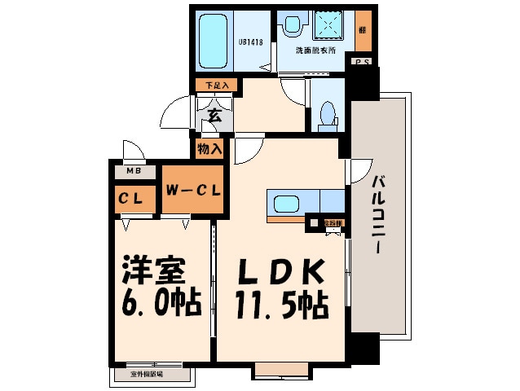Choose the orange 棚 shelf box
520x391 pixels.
tap(361, 30)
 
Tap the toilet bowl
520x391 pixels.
tap(327, 116)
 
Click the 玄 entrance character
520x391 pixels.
tap(214, 115)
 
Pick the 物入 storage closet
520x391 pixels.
tap(209, 148)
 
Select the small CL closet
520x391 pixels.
tap(135, 198)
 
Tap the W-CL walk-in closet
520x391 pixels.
tap(191, 192)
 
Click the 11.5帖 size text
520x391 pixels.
tap(281, 305)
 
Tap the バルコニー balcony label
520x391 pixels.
tap(379, 216)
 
